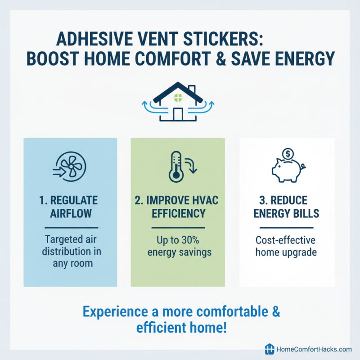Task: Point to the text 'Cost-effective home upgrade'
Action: click(286, 246)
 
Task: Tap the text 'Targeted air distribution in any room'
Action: click(71, 252)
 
